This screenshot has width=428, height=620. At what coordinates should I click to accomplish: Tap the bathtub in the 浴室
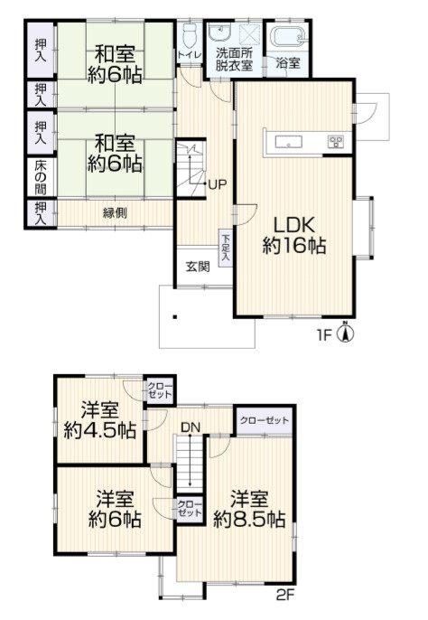point(288,38)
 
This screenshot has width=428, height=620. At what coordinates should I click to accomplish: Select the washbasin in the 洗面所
point(219,33)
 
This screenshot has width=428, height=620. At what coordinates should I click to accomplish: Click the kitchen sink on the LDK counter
point(289,142)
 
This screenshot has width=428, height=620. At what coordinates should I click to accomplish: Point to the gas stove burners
point(336,141)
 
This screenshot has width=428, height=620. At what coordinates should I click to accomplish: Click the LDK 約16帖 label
point(294,235)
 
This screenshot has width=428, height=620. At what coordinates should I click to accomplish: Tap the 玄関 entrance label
point(198,267)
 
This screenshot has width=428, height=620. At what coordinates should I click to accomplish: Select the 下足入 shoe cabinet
point(226,248)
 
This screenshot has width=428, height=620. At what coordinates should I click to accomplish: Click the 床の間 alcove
point(41,177)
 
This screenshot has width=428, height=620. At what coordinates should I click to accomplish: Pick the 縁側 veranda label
point(115,213)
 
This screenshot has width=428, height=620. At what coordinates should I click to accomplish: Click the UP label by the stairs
point(218,183)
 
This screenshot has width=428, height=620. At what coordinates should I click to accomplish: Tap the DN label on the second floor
point(191,427)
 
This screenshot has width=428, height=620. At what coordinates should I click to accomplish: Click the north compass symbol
point(345,332)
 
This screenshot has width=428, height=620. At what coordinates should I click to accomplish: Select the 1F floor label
point(324,335)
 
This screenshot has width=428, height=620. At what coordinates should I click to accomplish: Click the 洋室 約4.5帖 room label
point(100,420)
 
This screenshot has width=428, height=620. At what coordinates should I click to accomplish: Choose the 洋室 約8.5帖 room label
point(249,509)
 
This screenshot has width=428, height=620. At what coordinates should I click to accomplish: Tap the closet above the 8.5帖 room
point(265,420)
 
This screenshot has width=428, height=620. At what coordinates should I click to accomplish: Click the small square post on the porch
point(174,316)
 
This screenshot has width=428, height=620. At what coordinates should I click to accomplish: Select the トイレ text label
point(190,55)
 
